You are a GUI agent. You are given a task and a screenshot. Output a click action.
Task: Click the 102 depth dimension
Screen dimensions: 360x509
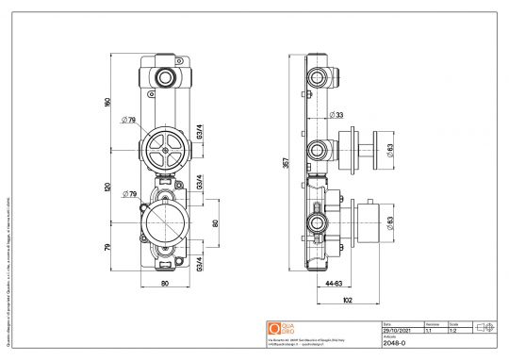pyautogui.click(x=347, y=301)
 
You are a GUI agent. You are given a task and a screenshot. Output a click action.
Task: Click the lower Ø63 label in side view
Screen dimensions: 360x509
pyautogui.click(x=388, y=222)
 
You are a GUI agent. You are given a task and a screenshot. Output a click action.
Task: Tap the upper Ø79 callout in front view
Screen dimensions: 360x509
pyautogui.click(x=130, y=120)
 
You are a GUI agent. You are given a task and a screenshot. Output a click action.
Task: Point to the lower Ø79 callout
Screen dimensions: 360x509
pyautogui.click(x=130, y=195)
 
